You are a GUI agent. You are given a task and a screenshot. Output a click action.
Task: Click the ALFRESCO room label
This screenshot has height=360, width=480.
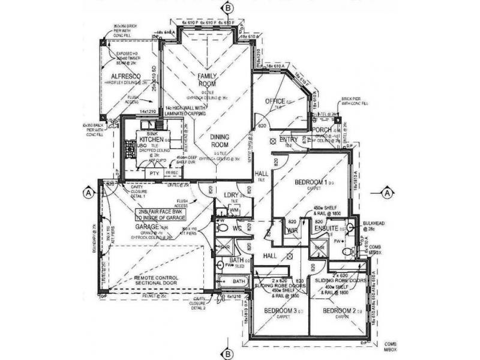click(125, 77)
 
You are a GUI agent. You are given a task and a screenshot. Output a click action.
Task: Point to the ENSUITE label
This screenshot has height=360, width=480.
click(326, 228)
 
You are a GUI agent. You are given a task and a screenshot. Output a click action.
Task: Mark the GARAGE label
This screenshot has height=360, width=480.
click(147, 227)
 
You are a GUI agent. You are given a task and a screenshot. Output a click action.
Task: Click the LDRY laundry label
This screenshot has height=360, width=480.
click(232, 195)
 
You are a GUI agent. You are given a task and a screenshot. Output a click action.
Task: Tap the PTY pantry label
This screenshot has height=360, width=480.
click(154, 173)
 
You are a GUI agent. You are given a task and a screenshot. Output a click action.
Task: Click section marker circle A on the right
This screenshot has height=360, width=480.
click(387, 193)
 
